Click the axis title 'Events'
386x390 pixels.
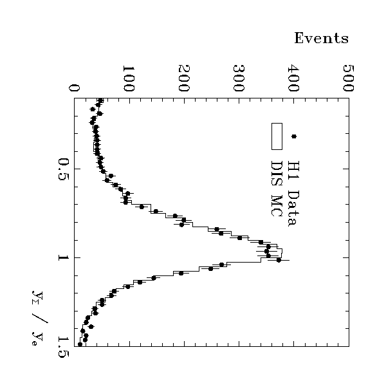[x=321, y=39]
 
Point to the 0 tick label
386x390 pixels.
[x=74, y=88]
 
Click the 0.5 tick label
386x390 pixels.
[x=62, y=169]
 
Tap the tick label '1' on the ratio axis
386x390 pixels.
[x=62, y=257]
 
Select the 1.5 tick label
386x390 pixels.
[x=62, y=345]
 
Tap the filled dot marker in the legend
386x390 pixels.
[x=294, y=136]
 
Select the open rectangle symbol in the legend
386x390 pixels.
[x=277, y=136]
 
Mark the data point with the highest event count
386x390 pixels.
[x=279, y=260]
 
